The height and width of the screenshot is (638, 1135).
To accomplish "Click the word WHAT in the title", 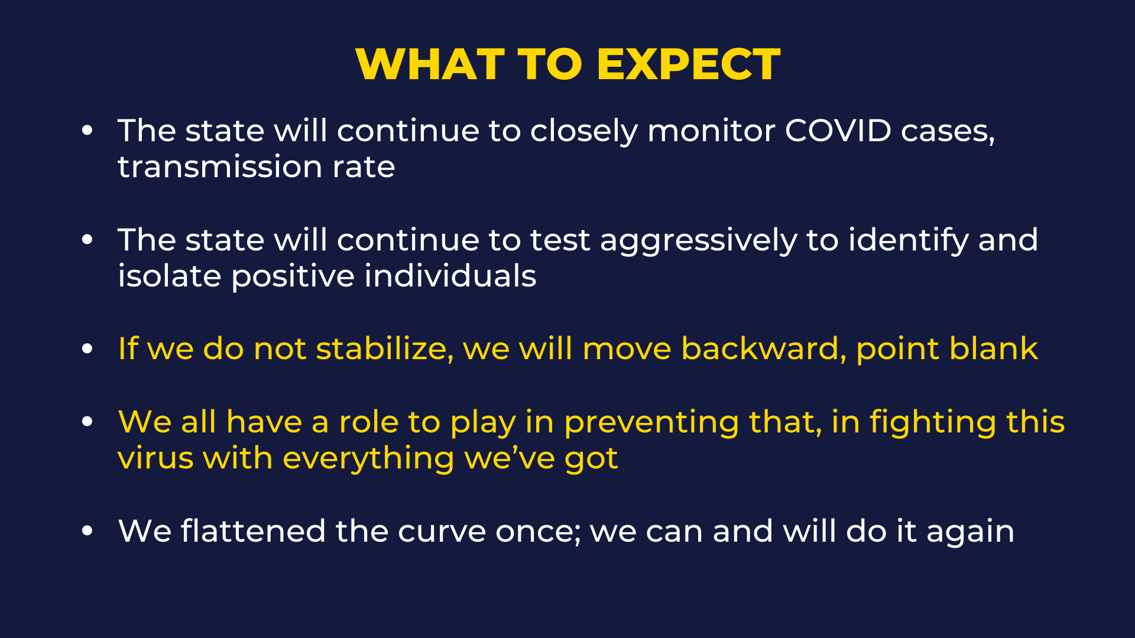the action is click(x=430, y=64).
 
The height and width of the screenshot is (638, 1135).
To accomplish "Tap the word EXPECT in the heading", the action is click(x=689, y=64).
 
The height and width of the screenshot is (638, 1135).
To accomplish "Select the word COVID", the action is click(x=838, y=130).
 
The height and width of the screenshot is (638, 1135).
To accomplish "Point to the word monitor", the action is click(x=711, y=130).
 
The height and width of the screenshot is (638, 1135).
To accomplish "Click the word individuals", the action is click(x=450, y=276).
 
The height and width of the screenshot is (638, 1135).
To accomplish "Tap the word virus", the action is click(x=155, y=458).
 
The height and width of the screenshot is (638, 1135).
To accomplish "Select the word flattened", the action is click(x=253, y=530).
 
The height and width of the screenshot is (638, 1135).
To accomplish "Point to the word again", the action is click(x=970, y=532).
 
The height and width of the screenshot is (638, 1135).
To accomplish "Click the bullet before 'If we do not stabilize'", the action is click(x=87, y=349).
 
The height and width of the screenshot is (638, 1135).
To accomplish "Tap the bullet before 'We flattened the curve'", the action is click(x=87, y=530).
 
